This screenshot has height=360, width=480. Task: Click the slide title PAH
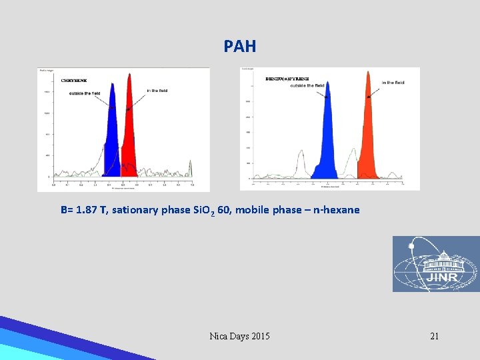[239, 47]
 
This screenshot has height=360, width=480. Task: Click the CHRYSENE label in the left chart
[74, 81]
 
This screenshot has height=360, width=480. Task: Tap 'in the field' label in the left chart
[157, 91]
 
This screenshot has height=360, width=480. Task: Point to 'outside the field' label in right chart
[306, 85]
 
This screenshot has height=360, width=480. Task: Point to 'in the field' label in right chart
[393, 83]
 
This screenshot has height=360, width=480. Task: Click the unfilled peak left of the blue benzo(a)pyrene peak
[301, 163]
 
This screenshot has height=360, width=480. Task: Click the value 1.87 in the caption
[87, 210]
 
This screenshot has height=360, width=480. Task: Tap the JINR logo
[435, 264]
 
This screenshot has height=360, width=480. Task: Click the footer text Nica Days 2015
[239, 336]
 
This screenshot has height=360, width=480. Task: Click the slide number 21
[434, 336]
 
